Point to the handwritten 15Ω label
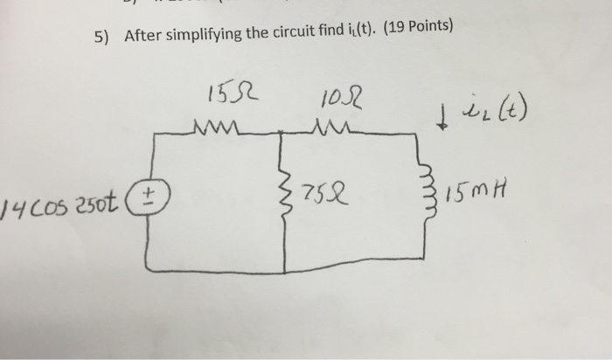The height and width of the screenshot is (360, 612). tap(223, 92)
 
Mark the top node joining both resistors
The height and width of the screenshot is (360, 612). tap(282, 133)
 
